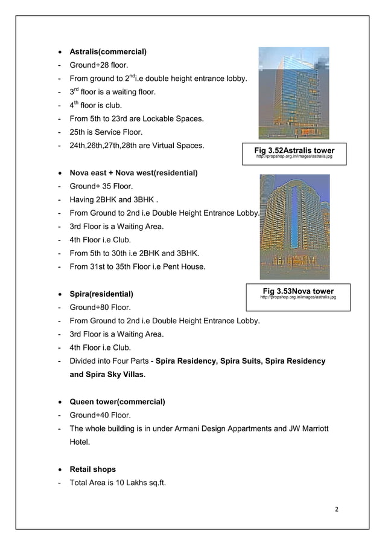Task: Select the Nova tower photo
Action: click(294, 227)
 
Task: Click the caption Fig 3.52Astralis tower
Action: click(295, 150)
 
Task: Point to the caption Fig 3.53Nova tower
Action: click(298, 291)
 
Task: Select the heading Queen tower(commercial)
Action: click(118, 402)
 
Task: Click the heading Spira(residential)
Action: click(101, 294)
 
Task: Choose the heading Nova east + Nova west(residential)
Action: click(133, 173)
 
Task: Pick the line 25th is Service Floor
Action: click(106, 132)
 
